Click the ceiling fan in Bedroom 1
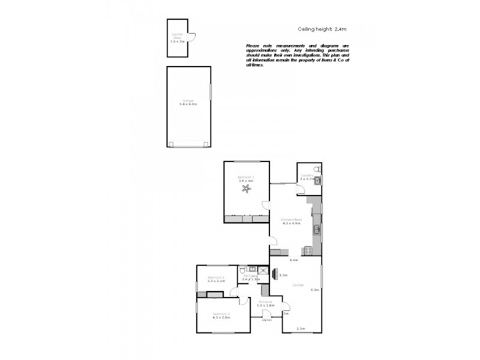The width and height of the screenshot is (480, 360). [x=246, y=190]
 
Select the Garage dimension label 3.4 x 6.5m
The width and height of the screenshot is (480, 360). [x=188, y=104]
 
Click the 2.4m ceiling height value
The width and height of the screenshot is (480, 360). [x=341, y=29]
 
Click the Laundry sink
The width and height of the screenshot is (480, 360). [x=318, y=179]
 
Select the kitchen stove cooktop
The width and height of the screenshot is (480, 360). [x=309, y=250]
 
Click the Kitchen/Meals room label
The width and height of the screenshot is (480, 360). [x=292, y=220]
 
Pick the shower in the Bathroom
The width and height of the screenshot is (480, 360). [x=262, y=271]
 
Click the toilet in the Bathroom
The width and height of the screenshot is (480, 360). [x=242, y=271]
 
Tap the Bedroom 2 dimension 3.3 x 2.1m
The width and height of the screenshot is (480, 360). [x=216, y=281]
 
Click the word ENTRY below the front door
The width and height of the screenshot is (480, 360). [x=267, y=320]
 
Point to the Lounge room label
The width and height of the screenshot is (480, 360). [x=298, y=284]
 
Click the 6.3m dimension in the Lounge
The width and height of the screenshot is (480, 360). [x=314, y=290]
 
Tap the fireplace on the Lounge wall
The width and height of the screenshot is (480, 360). [x=275, y=274]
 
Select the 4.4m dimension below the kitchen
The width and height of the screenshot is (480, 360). [x=294, y=260]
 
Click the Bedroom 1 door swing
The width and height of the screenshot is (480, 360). [x=265, y=207]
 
